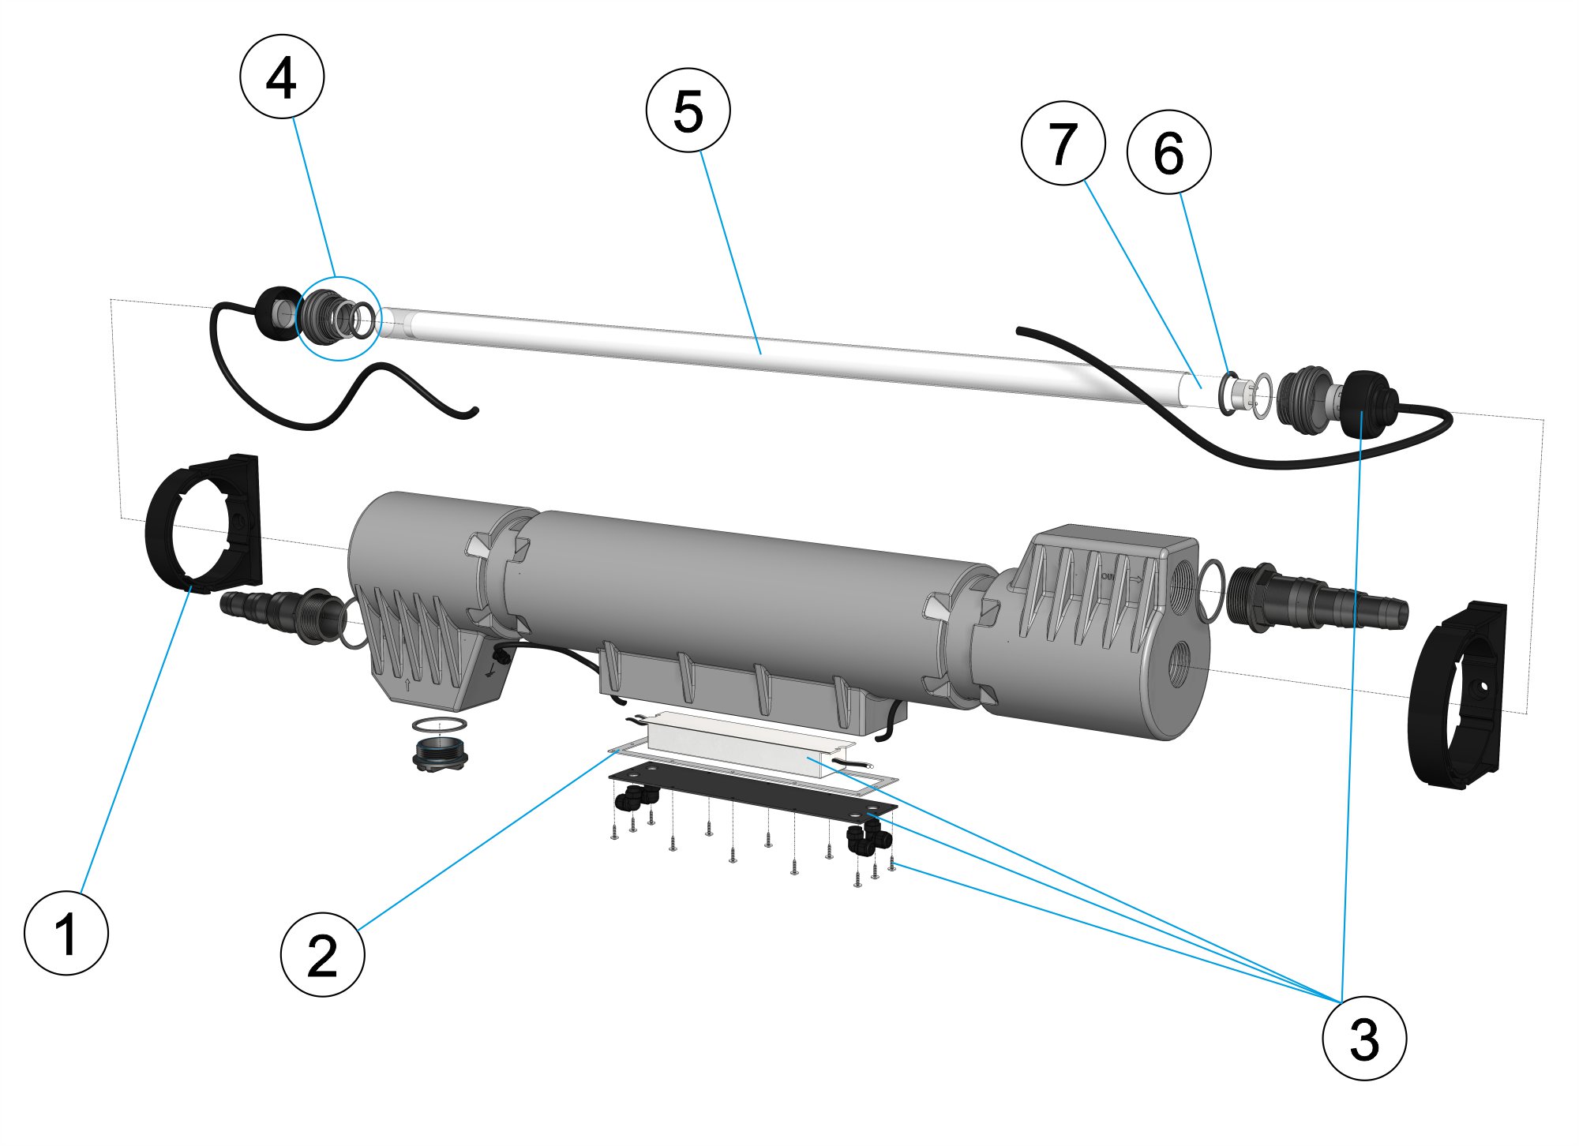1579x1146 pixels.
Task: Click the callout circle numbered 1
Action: click(66, 933)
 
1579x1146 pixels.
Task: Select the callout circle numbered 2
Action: click(322, 954)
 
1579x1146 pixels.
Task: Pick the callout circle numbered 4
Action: click(282, 77)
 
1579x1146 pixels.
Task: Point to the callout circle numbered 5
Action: click(688, 110)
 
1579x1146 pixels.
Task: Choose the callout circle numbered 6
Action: click(1168, 152)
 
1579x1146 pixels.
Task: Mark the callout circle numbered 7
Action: click(1063, 143)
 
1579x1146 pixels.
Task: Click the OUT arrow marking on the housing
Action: click(1121, 579)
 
